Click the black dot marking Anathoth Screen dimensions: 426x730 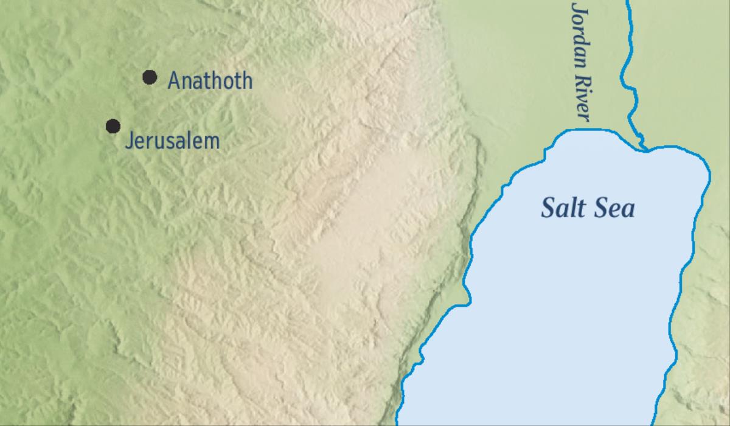(150, 77)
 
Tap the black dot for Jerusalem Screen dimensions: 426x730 (113, 126)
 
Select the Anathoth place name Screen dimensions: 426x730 (210, 80)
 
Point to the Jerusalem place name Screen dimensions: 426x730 (172, 141)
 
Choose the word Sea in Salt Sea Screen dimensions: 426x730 (613, 208)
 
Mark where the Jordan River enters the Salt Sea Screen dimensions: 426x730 (644, 148)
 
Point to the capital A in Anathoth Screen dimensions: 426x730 (174, 80)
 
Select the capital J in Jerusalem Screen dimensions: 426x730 (128, 142)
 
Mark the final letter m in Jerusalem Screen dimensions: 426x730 (210, 143)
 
